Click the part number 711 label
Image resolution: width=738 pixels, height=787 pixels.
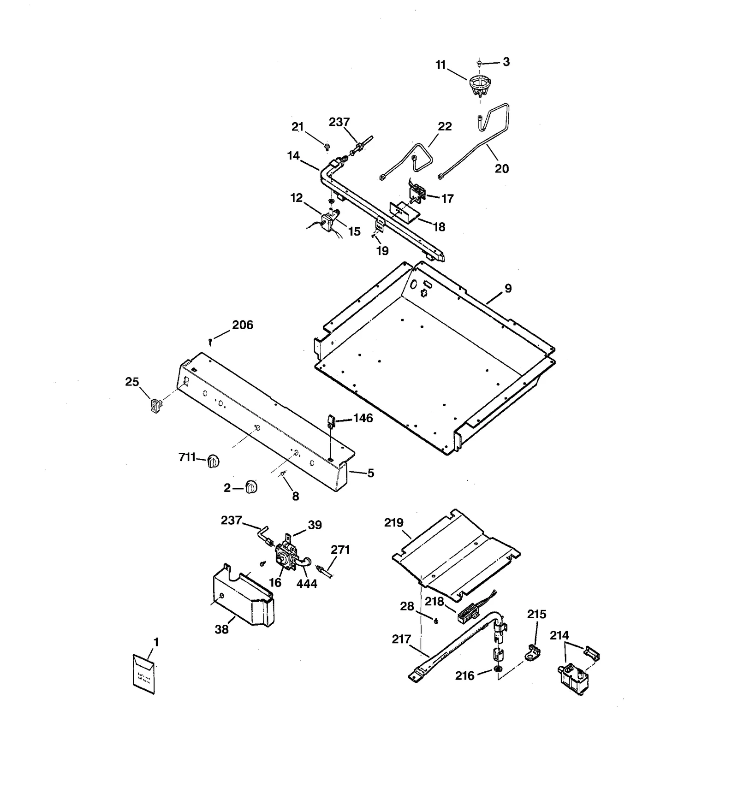coord(187,457)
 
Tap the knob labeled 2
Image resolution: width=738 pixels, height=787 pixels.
coord(251,487)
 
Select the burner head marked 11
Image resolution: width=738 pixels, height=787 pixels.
coord(480,86)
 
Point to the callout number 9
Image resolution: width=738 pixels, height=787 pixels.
coord(508,289)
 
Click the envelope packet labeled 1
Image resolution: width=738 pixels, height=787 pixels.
coord(143,673)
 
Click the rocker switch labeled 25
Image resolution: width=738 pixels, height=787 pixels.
coord(156,406)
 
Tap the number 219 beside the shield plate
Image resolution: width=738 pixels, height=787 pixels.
coord(394,523)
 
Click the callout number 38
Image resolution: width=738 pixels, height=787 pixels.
coord(221,630)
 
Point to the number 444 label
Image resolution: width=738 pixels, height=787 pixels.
coord(307,584)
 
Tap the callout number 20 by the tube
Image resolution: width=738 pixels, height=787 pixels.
coord(502,169)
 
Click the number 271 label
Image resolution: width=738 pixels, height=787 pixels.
coord(340,550)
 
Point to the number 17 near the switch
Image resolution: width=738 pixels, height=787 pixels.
coord(447,199)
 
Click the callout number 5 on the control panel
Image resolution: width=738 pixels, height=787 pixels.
coord(370,473)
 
